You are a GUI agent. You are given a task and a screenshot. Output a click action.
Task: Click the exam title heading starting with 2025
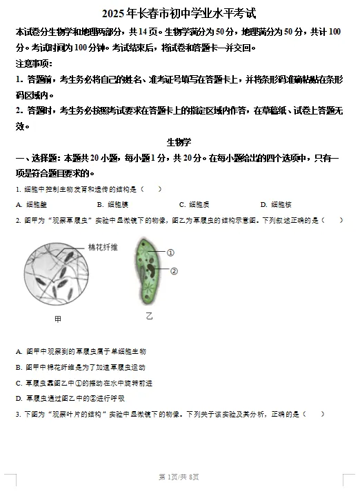click(179, 14)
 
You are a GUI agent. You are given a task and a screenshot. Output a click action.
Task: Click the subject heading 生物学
click(179, 141)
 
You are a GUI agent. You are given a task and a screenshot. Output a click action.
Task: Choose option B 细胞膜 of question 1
click(113, 204)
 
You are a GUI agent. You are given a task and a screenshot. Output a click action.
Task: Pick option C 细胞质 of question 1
click(194, 204)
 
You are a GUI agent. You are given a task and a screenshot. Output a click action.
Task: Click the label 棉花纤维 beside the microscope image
click(103, 247)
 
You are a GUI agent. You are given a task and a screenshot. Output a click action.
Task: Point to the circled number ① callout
click(170, 253)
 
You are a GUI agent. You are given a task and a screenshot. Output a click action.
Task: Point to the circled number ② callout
click(173, 271)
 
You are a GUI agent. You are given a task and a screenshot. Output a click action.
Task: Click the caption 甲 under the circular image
click(57, 319)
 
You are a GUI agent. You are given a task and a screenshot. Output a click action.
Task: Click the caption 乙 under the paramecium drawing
click(149, 316)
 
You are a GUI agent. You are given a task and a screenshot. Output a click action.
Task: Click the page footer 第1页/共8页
click(179, 477)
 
